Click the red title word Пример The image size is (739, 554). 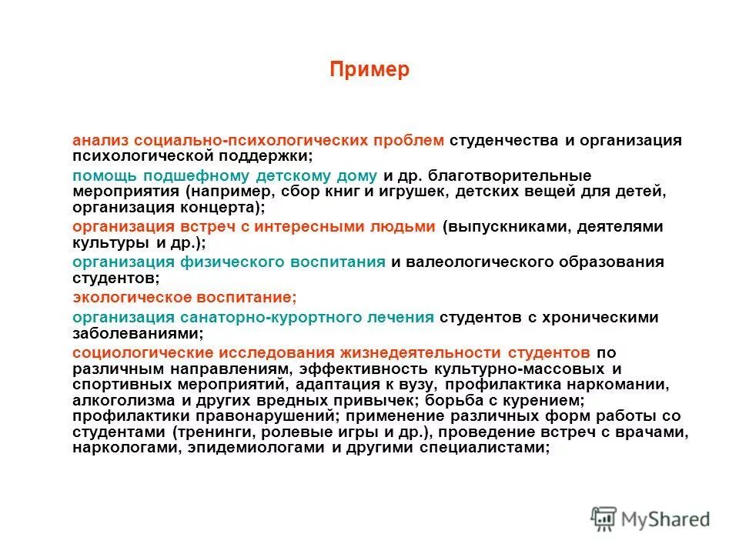369,70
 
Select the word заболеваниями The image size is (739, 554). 136,333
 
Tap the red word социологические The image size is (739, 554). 144,352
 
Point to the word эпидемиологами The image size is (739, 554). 250,449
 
